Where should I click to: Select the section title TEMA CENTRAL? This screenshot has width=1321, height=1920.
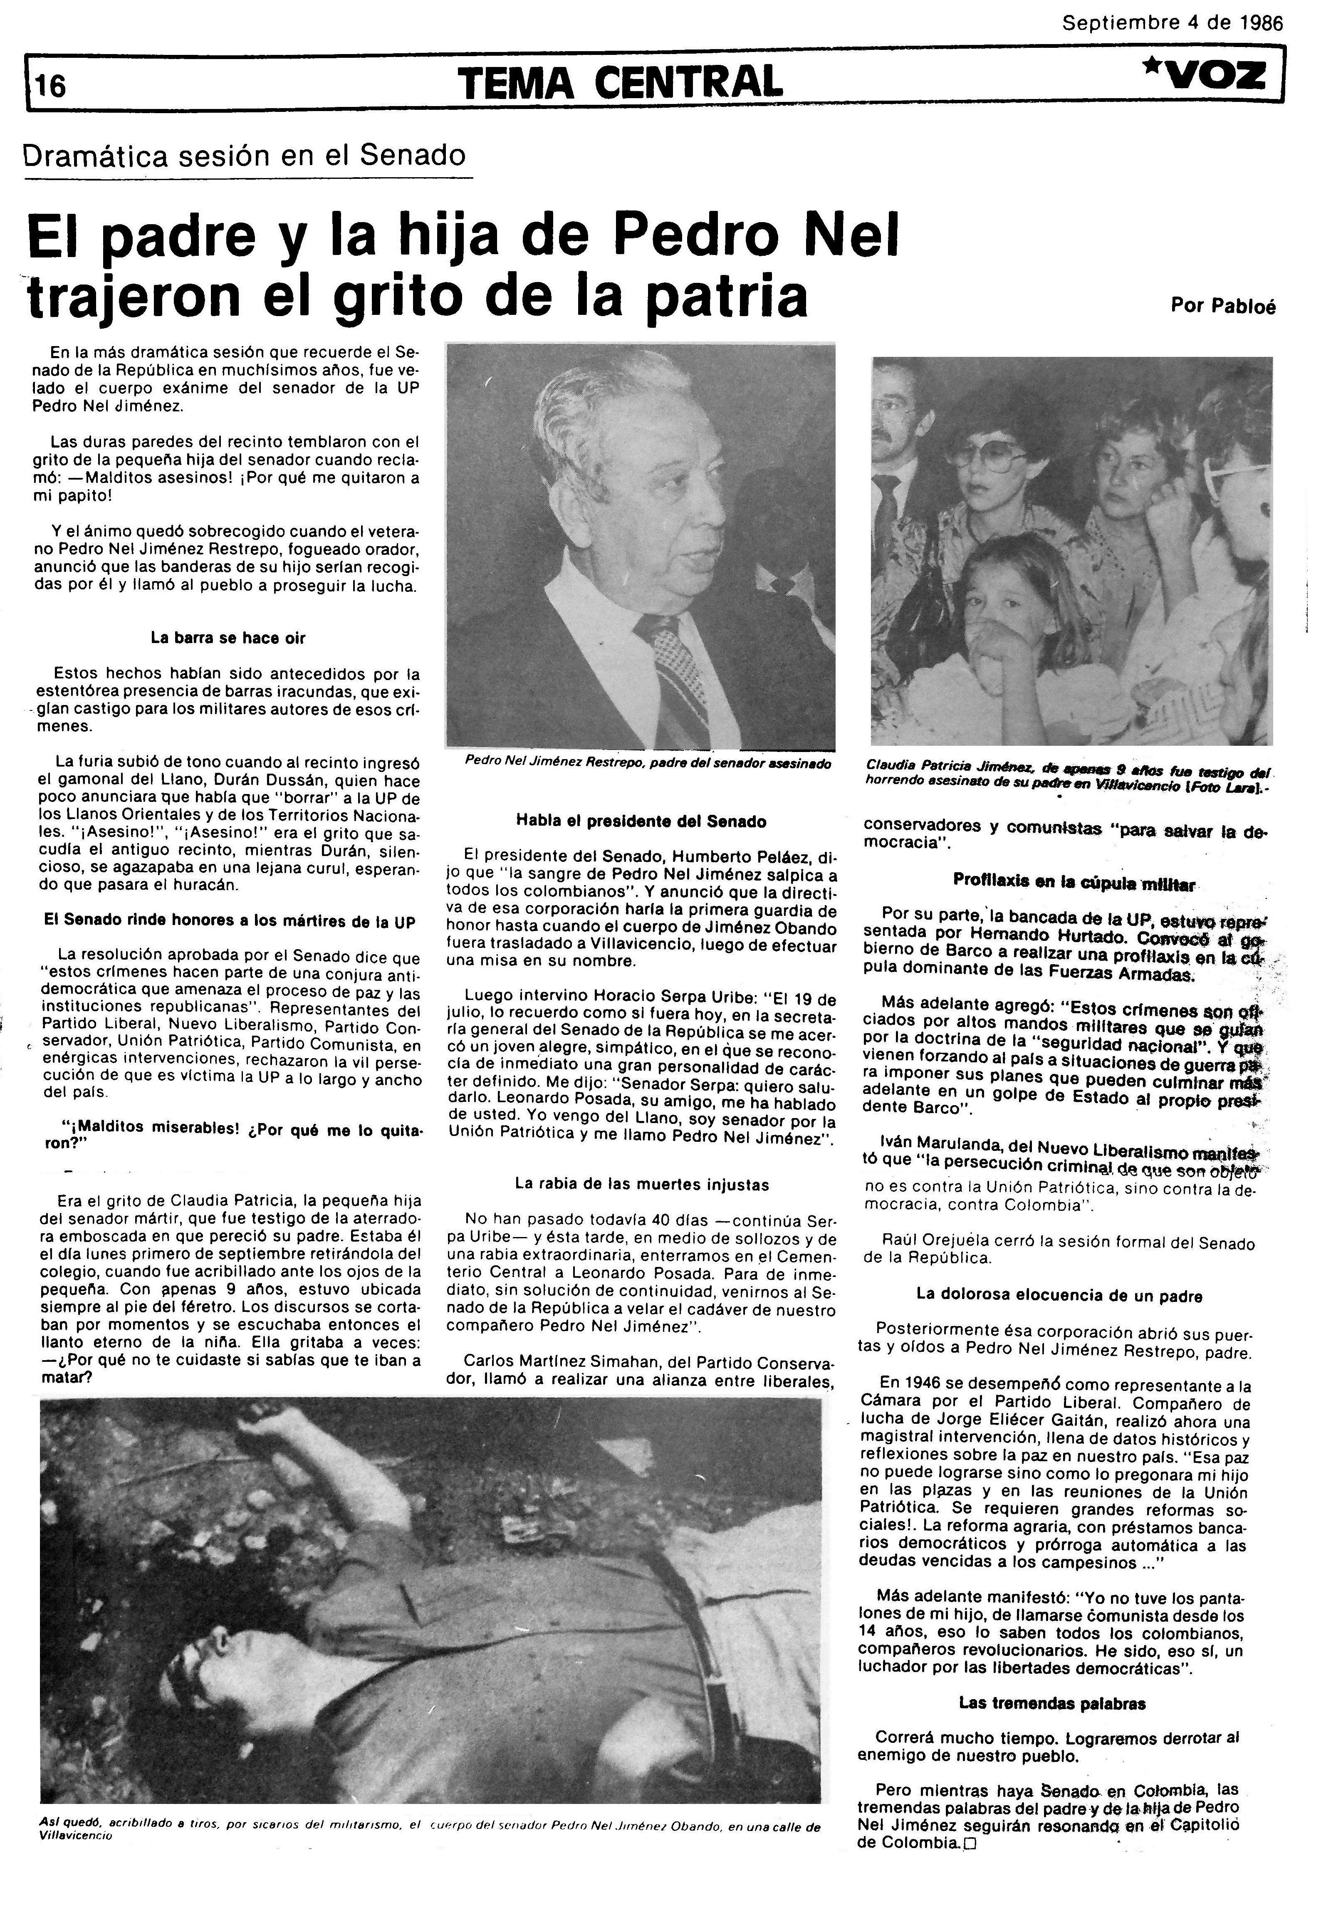619,83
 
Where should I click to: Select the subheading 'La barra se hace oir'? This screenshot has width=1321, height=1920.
228,638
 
